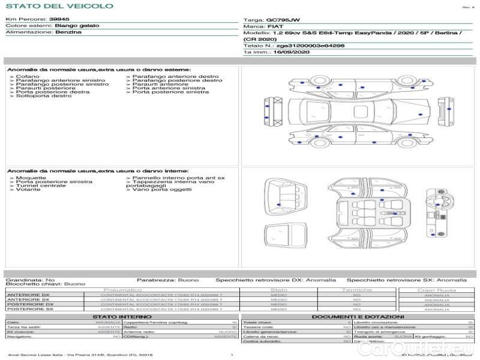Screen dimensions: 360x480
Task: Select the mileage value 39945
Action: [x=59, y=20]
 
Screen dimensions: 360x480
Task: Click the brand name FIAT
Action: [x=275, y=27]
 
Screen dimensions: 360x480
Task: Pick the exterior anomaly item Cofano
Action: [x=28, y=77]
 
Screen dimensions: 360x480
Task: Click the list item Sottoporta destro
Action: [x=43, y=96]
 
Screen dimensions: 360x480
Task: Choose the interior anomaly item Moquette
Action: [x=31, y=178]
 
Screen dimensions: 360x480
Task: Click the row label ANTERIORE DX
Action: [x=28, y=295]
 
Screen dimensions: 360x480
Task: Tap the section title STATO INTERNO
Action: [x=118, y=317]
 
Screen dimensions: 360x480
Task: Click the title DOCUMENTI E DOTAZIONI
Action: [x=358, y=317]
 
